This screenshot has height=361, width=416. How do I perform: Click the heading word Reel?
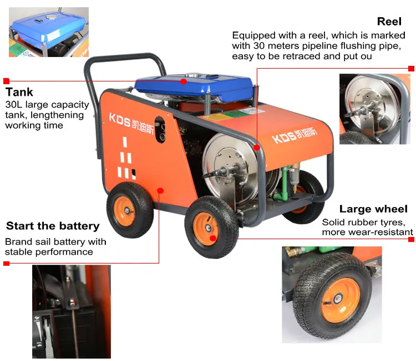point(389,22)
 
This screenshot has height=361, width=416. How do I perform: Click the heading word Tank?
point(19,92)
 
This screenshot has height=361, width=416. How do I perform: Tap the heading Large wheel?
point(373,209)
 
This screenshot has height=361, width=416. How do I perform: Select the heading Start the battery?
point(53,226)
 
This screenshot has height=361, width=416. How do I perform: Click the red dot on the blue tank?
point(184,81)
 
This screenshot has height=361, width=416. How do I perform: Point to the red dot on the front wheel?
point(213,239)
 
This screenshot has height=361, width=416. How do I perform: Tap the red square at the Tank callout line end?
point(6,81)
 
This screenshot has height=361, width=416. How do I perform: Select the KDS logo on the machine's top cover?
point(295,135)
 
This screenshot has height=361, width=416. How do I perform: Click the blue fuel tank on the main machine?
point(194,88)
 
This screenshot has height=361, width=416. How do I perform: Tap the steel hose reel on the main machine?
point(228,169)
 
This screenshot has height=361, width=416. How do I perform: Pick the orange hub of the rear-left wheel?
point(124,211)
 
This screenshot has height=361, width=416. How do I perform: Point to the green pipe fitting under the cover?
point(282,185)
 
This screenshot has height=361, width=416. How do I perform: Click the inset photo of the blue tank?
point(49,32)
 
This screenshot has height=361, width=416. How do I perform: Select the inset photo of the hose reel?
point(375,109)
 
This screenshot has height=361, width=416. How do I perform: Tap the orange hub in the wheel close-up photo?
point(341,300)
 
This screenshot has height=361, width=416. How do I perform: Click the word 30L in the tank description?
point(13,105)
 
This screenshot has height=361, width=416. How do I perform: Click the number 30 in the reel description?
point(259,45)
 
